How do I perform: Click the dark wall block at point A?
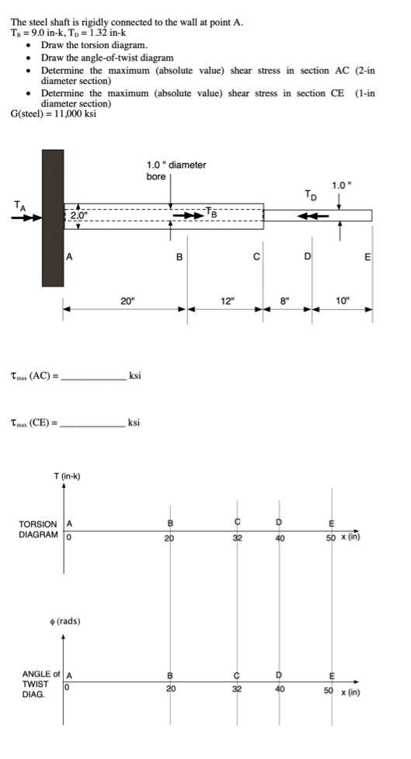(53, 218)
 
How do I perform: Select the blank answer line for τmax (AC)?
(93, 378)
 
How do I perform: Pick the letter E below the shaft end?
(367, 256)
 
